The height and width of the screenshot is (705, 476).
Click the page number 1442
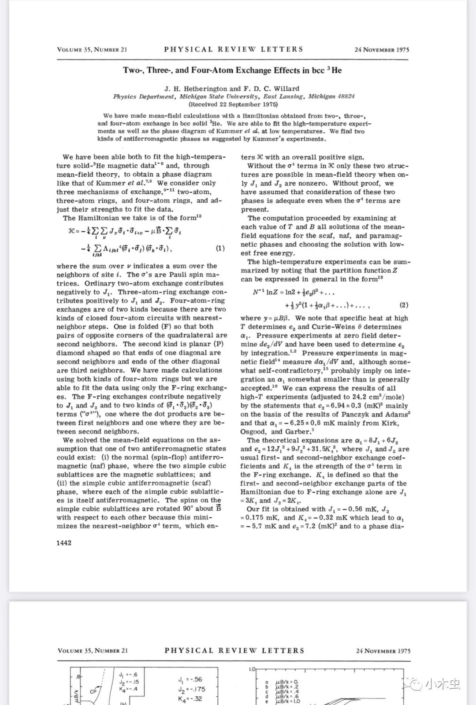tap(64, 543)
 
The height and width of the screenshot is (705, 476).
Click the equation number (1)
tap(220, 248)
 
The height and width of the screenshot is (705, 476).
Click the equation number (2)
tap(404, 305)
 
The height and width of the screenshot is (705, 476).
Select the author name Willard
tap(285, 89)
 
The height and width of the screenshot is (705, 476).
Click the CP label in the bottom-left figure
tap(93, 691)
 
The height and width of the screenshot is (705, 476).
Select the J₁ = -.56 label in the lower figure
tap(190, 679)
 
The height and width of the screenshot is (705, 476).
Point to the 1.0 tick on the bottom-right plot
tap(252, 669)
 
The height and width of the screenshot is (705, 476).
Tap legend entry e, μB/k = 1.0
tap(286, 701)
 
